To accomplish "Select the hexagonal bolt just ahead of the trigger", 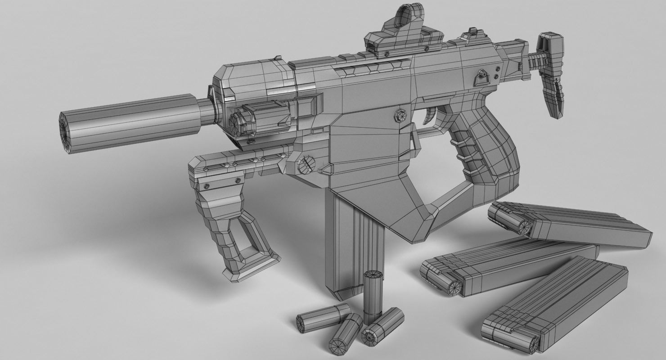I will tap(400, 115).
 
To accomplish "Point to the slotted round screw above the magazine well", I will tap(306, 165).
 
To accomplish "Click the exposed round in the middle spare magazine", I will tap(453, 286).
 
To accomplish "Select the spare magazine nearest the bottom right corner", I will tap(558, 310).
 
